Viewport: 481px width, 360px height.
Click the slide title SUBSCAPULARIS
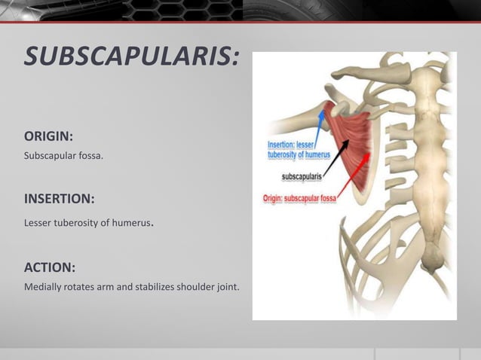click(132, 56)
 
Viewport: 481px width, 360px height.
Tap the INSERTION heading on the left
click(59, 200)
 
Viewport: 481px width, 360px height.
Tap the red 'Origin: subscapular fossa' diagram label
click(299, 199)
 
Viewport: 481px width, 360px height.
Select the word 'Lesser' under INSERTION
click(38, 224)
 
